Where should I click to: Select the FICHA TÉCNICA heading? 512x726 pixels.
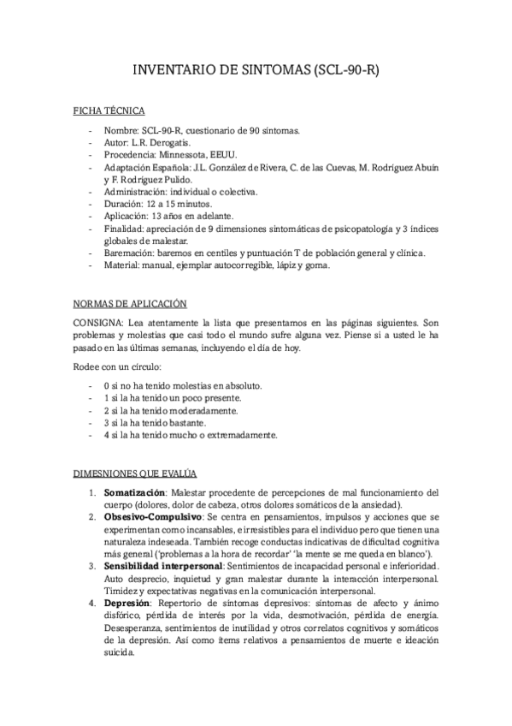109,111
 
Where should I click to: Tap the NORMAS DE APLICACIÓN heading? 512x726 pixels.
129,304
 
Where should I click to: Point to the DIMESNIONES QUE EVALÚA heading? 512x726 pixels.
135,473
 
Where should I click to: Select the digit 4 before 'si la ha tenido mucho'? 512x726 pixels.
105,435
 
